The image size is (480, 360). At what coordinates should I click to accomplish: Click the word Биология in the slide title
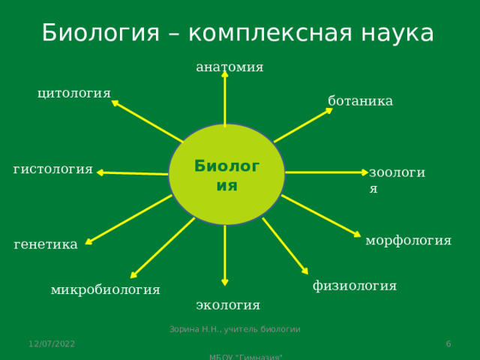point(100,33)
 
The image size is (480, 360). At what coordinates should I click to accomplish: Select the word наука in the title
point(397,33)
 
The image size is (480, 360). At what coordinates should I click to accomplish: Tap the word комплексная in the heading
point(270,33)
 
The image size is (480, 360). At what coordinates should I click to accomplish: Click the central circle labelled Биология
point(226,174)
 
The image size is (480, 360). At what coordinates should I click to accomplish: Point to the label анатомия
point(229,67)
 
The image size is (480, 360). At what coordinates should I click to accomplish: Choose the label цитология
point(74,93)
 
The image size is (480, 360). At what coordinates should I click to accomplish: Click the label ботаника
point(360,100)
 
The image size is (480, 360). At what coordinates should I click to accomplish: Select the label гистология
point(53,169)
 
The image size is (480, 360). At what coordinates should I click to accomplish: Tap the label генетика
point(46,244)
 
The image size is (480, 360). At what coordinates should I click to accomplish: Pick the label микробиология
point(105,290)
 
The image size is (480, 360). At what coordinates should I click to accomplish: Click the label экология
point(228,305)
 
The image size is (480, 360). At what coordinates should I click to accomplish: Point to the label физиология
point(355,286)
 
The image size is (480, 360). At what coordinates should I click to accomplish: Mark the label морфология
point(408,240)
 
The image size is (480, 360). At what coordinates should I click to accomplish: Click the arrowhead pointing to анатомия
point(225,74)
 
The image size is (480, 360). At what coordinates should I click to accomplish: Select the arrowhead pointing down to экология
point(225,283)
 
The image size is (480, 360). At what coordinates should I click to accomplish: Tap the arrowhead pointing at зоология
point(364,172)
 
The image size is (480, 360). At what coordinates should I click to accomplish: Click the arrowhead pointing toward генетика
point(88,241)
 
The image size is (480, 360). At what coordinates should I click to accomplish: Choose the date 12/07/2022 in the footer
point(52,343)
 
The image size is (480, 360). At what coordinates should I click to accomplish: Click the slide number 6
point(448,343)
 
